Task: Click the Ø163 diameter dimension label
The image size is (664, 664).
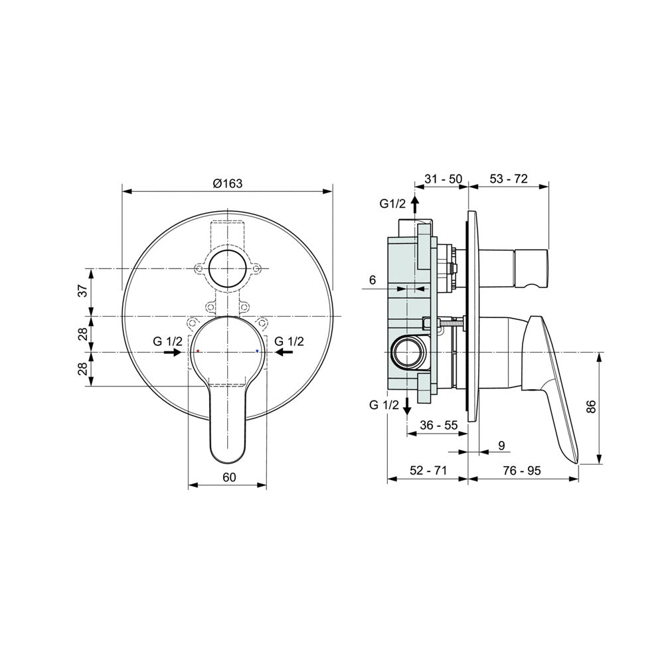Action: pyautogui.click(x=228, y=183)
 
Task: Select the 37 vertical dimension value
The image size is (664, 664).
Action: pyautogui.click(x=84, y=291)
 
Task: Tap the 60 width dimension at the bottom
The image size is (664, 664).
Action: pyautogui.click(x=229, y=477)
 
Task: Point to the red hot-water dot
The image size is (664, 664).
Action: pyautogui.click(x=198, y=351)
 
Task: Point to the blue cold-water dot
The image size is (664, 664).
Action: pyautogui.click(x=257, y=351)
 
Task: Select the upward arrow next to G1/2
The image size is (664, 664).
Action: pyautogui.click(x=416, y=205)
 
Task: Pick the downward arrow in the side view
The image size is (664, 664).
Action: pyautogui.click(x=407, y=406)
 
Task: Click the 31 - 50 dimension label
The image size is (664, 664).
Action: pyautogui.click(x=444, y=179)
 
